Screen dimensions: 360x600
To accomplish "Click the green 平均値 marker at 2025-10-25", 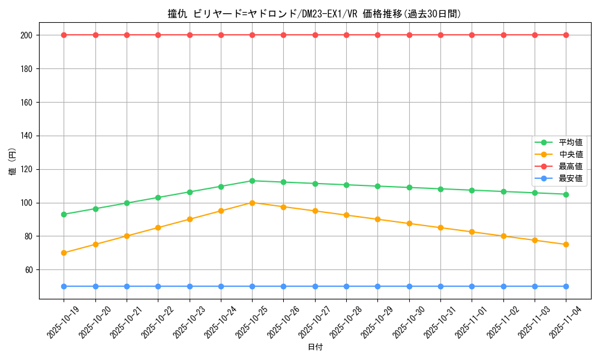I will [252, 181].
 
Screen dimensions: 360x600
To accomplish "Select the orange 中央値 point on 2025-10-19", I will [64, 253].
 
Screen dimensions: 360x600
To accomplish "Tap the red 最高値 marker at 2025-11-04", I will [566, 35].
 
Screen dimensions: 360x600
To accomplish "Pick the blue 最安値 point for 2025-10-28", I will [346, 286].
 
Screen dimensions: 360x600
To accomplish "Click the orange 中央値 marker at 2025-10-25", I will [252, 203].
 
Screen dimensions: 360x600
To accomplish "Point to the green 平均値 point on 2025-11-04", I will [566, 194].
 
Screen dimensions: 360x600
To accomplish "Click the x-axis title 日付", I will [315, 347].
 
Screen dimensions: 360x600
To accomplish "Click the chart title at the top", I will [314, 14].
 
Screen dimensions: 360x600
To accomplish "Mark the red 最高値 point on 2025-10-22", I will [158, 35].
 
